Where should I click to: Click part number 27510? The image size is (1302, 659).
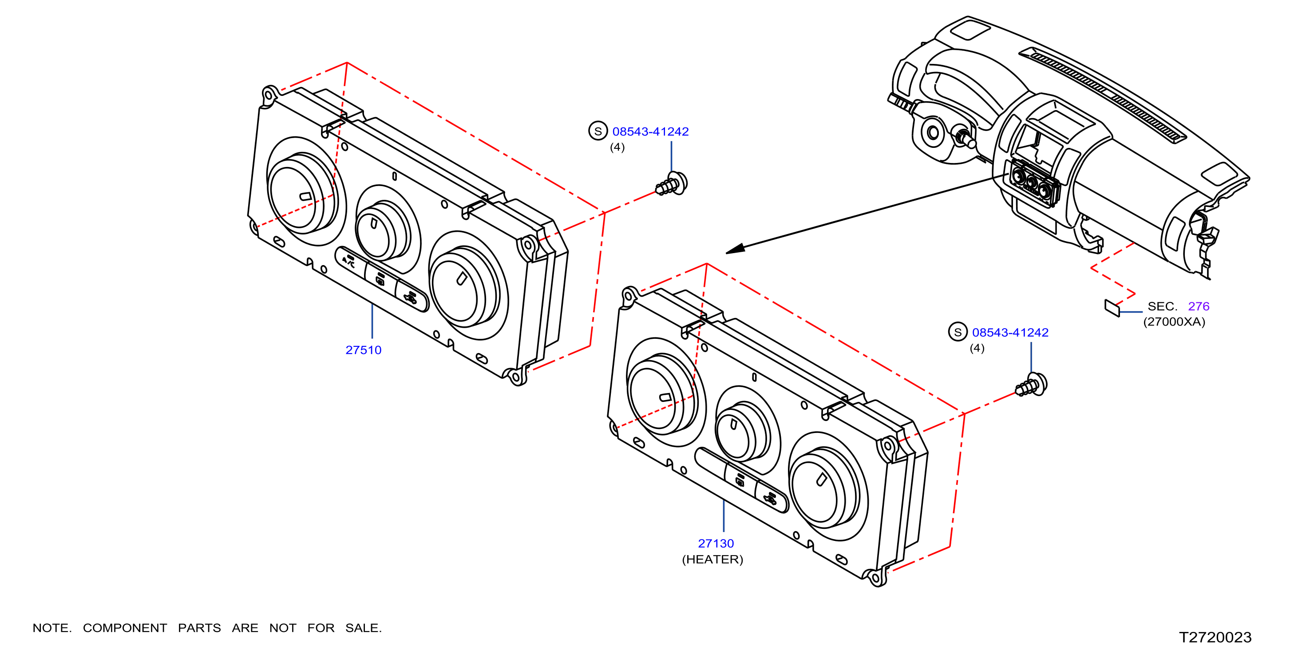363,349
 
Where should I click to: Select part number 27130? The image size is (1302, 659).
716,543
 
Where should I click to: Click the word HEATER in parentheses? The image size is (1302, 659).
712,560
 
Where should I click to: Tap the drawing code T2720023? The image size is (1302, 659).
1215,637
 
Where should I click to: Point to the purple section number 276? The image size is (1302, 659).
1199,306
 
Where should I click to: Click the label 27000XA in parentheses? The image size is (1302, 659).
1174,322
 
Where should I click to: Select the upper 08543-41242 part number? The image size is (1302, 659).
650,131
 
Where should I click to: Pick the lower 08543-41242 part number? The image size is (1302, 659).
1010,332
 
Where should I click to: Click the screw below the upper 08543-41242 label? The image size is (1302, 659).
672,183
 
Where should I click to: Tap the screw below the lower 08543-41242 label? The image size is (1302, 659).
1032,385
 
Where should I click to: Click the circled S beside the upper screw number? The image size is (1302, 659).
598,131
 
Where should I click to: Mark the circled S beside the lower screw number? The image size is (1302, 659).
958,332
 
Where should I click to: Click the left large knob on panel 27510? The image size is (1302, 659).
302,192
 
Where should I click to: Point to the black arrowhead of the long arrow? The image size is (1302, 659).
735,249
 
